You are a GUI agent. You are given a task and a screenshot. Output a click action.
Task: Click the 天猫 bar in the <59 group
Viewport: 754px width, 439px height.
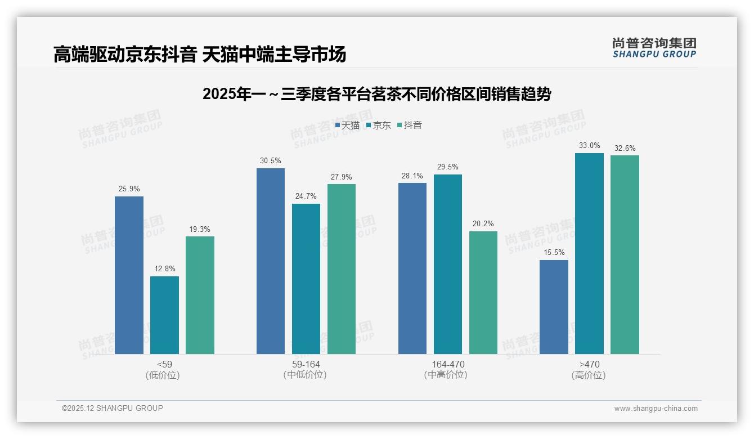pyautogui.click(x=129, y=275)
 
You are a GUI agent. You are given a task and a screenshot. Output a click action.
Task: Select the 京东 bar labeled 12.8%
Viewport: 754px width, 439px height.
pyautogui.click(x=164, y=315)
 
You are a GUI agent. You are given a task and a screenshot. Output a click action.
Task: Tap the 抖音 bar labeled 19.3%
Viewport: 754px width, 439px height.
pyautogui.click(x=200, y=295)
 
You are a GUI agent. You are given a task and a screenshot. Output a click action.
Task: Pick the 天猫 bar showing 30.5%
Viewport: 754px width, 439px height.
pyautogui.click(x=271, y=261)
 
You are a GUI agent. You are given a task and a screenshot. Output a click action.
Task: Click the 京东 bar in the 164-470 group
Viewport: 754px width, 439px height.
pyautogui.click(x=448, y=264)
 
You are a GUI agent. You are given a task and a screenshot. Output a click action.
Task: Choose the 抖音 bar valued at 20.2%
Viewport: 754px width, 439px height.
pyautogui.click(x=483, y=293)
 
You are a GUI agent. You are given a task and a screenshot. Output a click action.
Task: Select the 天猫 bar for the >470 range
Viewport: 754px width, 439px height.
pyautogui.click(x=554, y=307)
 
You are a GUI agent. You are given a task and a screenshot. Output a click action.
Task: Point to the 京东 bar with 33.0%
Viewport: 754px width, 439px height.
pyautogui.click(x=589, y=253)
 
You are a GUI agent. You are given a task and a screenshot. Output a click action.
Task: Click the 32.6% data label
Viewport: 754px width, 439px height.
pyautogui.click(x=625, y=149)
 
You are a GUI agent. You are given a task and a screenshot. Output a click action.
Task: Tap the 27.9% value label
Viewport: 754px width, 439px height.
pyautogui.click(x=342, y=177)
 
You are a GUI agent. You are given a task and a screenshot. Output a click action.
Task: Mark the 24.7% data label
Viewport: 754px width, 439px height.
pyautogui.click(x=306, y=196)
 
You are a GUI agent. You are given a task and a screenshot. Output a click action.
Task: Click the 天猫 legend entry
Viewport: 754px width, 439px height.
pyautogui.click(x=347, y=126)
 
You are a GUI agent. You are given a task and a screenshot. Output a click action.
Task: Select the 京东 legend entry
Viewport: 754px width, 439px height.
pyautogui.click(x=379, y=126)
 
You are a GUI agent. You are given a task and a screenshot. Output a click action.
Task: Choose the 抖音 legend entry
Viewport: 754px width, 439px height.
pyautogui.click(x=410, y=126)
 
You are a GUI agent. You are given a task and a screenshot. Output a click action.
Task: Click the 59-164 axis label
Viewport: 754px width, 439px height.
pyautogui.click(x=306, y=365)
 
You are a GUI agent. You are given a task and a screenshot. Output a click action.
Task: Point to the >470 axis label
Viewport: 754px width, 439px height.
pyautogui.click(x=589, y=365)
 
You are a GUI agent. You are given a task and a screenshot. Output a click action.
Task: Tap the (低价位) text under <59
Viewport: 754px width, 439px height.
pyautogui.click(x=163, y=375)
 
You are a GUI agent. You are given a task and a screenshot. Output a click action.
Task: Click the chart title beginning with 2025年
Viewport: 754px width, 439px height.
pyautogui.click(x=376, y=94)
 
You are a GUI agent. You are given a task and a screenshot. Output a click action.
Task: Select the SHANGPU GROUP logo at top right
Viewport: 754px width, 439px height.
pyautogui.click(x=654, y=48)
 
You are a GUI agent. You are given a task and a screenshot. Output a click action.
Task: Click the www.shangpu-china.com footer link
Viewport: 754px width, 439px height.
pyautogui.click(x=656, y=409)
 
